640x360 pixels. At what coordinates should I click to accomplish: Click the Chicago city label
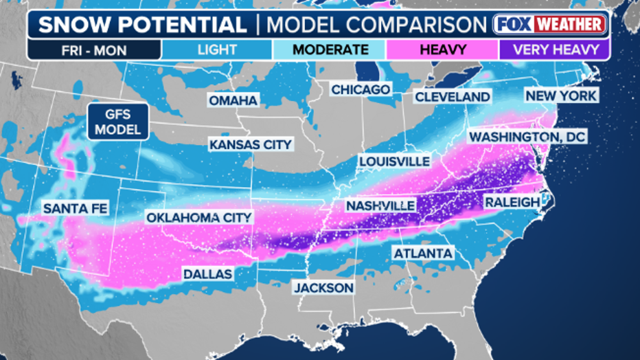pos(361,89)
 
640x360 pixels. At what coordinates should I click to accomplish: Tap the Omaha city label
pos(233,100)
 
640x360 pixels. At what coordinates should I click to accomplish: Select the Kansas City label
pos(251,144)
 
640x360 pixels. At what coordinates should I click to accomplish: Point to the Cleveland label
pos(453,97)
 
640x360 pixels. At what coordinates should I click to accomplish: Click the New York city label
pos(561,95)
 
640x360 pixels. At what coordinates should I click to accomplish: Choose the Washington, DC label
pos(527,137)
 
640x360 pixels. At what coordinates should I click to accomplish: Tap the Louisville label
pos(394,161)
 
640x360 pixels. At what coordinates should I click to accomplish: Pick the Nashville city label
pos(380,205)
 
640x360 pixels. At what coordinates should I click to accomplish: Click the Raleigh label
pos(512,202)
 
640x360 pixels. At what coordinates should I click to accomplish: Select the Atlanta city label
pos(423,254)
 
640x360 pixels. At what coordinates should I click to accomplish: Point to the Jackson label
pos(323,287)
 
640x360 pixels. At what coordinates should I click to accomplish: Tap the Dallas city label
pos(207,274)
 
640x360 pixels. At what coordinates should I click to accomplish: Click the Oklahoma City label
pos(199,217)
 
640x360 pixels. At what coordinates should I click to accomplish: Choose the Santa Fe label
pos(76,208)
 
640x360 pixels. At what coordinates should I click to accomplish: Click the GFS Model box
pos(118,122)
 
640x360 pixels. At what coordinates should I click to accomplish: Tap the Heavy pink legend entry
pos(442,49)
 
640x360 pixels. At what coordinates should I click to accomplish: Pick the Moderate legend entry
pos(330,49)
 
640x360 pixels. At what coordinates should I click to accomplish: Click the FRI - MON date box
pos(94,49)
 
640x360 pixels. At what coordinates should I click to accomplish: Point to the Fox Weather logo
pos(550,25)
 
